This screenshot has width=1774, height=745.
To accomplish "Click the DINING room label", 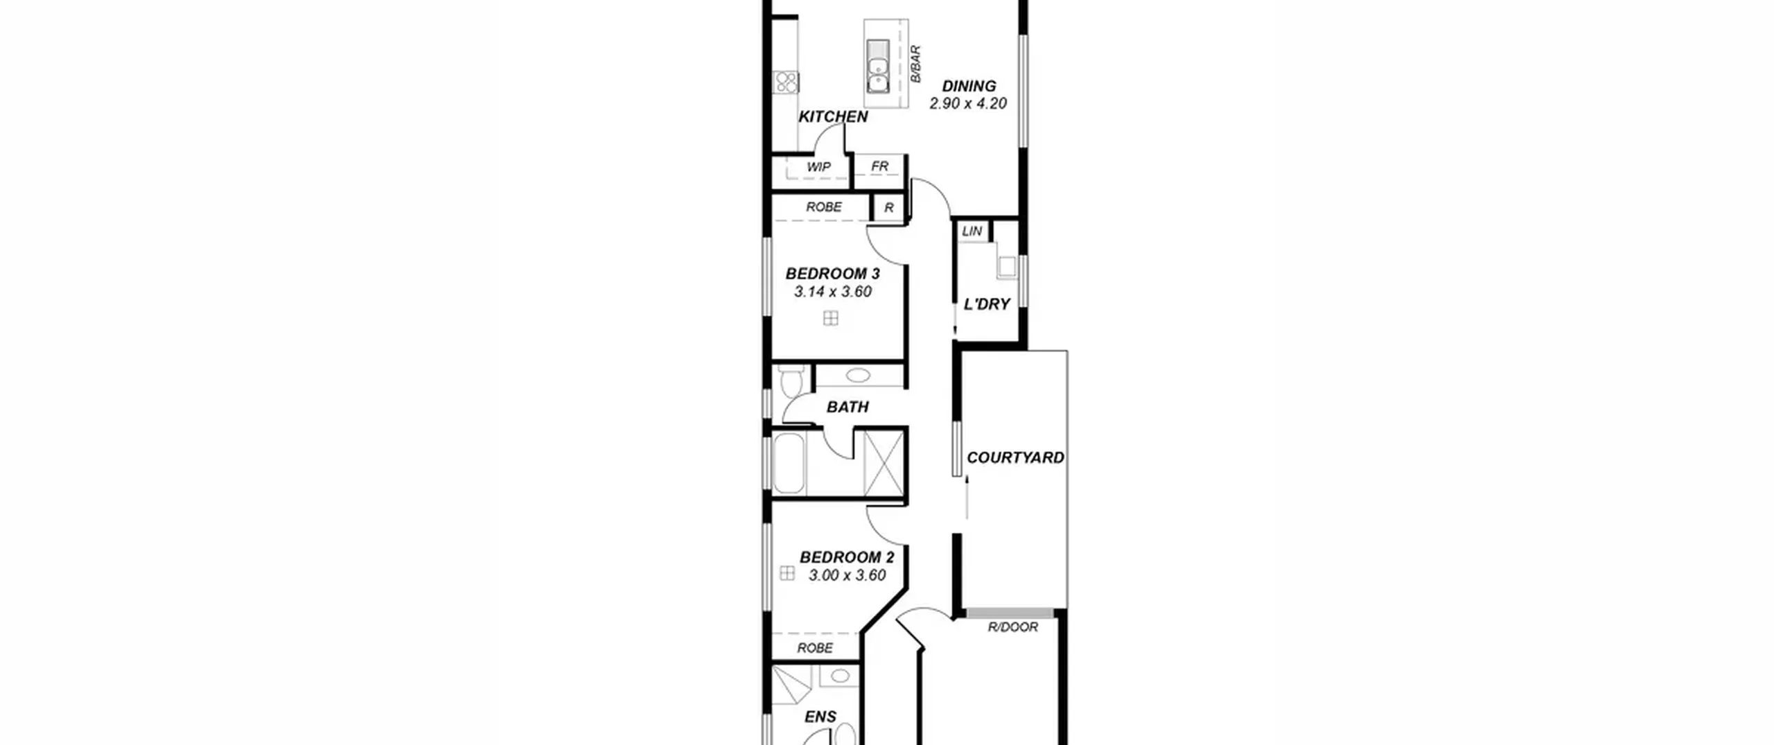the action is [969, 87].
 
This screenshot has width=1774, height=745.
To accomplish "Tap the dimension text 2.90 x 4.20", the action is [968, 104].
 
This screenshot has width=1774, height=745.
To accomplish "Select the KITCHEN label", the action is [833, 116].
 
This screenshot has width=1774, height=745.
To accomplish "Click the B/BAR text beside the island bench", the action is [915, 64].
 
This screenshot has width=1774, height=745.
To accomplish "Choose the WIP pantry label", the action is [818, 167].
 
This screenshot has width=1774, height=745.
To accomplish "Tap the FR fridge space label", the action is [879, 166].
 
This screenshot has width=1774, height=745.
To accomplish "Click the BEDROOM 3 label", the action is [832, 274].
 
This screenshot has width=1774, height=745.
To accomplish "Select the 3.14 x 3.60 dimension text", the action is [832, 292].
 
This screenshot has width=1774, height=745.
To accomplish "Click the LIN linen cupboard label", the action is [972, 231].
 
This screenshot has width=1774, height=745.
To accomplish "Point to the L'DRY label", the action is [987, 304].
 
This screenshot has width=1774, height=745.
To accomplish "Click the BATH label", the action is [848, 407].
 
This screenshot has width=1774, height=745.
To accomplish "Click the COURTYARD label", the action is [1015, 457].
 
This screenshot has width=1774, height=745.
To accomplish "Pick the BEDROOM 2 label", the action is [847, 557].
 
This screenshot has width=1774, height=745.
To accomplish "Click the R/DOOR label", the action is [1013, 627].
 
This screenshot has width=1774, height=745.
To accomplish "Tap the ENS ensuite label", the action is [820, 717].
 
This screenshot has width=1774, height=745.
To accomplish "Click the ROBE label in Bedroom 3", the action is [824, 207].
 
